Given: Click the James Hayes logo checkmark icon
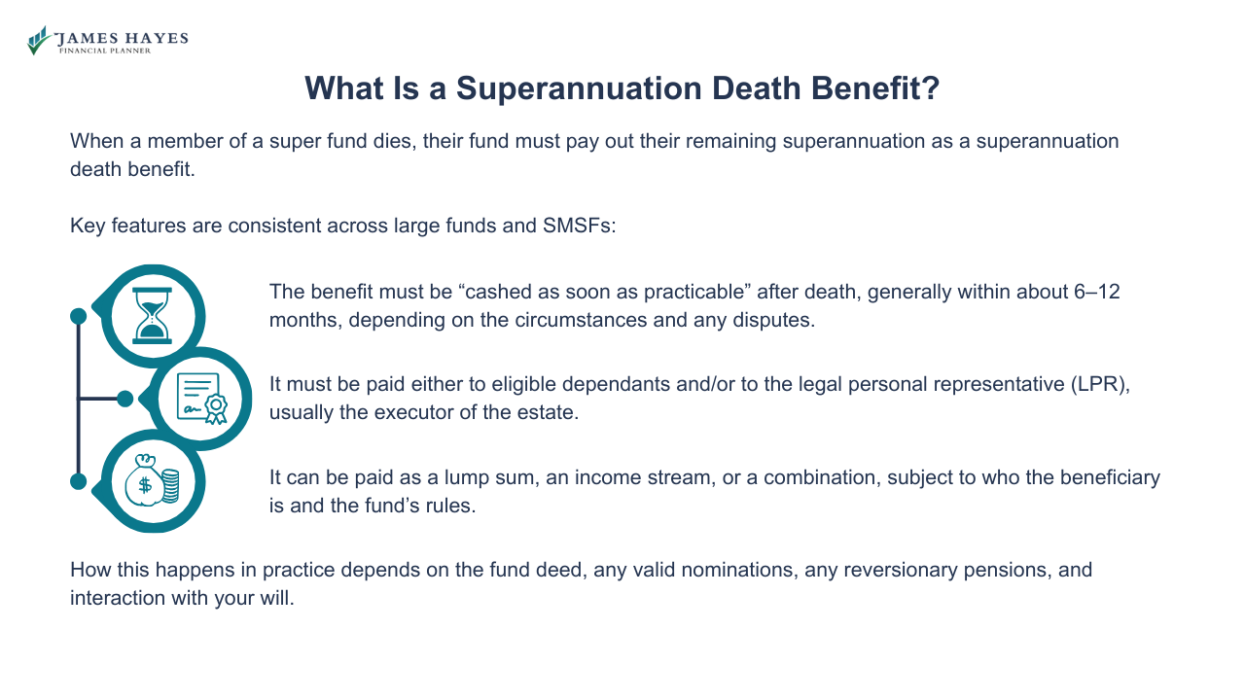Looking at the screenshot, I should pos(39,40).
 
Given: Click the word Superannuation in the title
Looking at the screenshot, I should pos(569,88).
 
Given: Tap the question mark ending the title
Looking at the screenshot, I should pos(930,88).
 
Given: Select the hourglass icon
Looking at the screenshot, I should pos(152,316).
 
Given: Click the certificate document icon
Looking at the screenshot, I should pos(201,399).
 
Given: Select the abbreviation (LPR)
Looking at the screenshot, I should pos(1101,384).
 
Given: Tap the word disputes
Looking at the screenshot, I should pos(772,320).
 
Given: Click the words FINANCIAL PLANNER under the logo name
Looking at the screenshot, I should pos(105,51).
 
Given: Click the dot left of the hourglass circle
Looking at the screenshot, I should pos(79,316).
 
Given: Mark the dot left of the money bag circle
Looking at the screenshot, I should pos(79,481).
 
